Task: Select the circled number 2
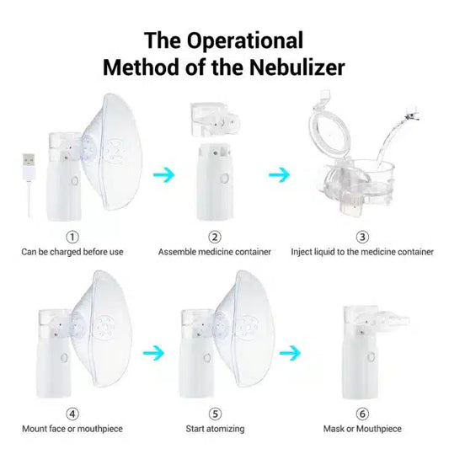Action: point(215,237)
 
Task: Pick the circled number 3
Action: point(362,237)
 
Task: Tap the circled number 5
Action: point(215,414)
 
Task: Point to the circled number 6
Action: point(362,414)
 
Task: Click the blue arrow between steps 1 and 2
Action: point(164,174)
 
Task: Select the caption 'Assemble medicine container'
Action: point(215,251)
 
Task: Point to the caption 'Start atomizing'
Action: point(215,429)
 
